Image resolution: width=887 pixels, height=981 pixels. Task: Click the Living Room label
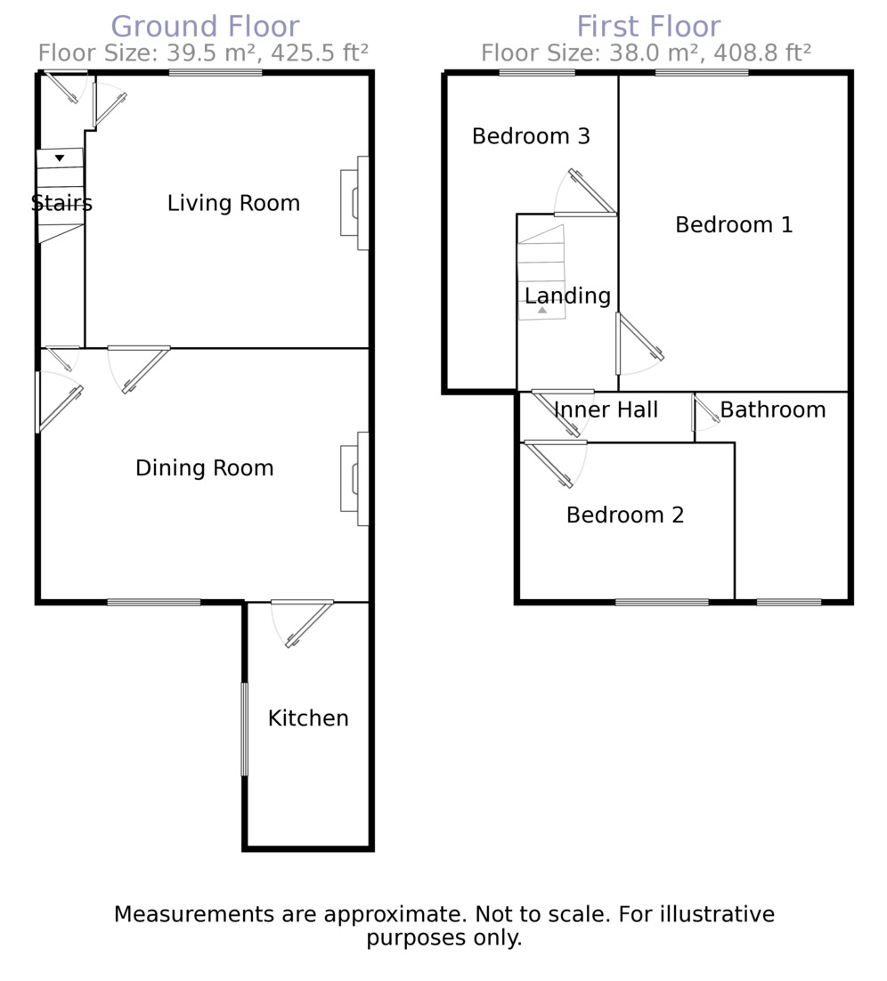point(233,203)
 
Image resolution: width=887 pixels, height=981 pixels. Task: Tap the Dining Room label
point(205,468)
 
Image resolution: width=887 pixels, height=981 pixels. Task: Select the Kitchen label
point(308,718)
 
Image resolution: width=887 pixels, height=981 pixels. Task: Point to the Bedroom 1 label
point(734,224)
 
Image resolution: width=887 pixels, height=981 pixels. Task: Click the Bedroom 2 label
point(624,515)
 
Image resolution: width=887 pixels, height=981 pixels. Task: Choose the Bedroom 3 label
point(531,136)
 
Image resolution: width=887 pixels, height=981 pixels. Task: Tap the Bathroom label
point(773,409)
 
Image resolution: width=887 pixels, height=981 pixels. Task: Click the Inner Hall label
point(606,409)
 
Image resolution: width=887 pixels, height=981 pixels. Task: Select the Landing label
point(568,296)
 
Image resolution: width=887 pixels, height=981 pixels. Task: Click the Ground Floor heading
point(206,27)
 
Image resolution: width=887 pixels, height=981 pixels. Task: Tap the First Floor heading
point(648,27)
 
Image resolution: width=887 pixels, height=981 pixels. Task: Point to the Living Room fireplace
point(354,203)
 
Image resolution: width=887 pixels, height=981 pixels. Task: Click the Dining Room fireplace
point(354,479)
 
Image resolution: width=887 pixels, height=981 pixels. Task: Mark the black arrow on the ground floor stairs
point(60,158)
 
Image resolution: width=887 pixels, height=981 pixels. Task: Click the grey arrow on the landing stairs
point(542,310)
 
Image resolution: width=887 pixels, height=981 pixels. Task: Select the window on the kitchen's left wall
point(245,729)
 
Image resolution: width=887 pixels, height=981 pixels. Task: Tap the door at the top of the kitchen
point(303,623)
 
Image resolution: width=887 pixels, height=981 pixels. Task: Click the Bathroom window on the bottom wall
point(789,603)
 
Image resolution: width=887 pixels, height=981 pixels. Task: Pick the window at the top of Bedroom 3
point(537,73)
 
